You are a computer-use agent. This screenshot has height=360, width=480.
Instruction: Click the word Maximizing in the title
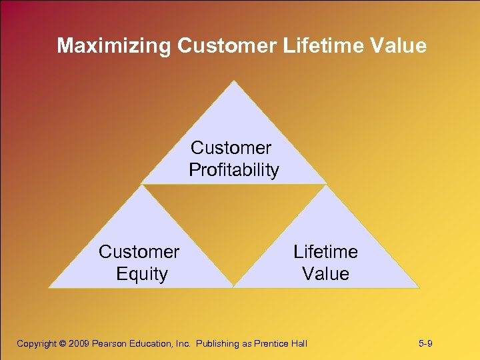click(x=114, y=45)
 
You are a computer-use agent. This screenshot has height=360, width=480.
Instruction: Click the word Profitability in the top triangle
click(x=233, y=170)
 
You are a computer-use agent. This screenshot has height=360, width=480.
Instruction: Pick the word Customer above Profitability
click(x=231, y=147)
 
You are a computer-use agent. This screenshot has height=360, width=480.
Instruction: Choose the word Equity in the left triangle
click(x=141, y=274)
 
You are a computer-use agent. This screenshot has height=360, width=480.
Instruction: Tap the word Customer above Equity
click(x=139, y=252)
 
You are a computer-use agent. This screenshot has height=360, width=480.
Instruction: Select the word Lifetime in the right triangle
click(x=325, y=252)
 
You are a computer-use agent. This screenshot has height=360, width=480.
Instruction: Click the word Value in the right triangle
click(x=325, y=274)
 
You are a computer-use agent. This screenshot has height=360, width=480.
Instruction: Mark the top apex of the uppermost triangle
click(x=233, y=82)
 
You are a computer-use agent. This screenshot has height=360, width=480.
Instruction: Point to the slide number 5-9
click(x=426, y=344)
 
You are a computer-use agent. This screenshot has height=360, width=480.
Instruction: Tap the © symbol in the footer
click(x=63, y=344)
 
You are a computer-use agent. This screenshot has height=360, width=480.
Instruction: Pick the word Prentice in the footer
click(x=273, y=344)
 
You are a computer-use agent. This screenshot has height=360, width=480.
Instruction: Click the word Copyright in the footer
click(x=37, y=344)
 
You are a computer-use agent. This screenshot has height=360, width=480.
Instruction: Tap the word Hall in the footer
click(x=300, y=344)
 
